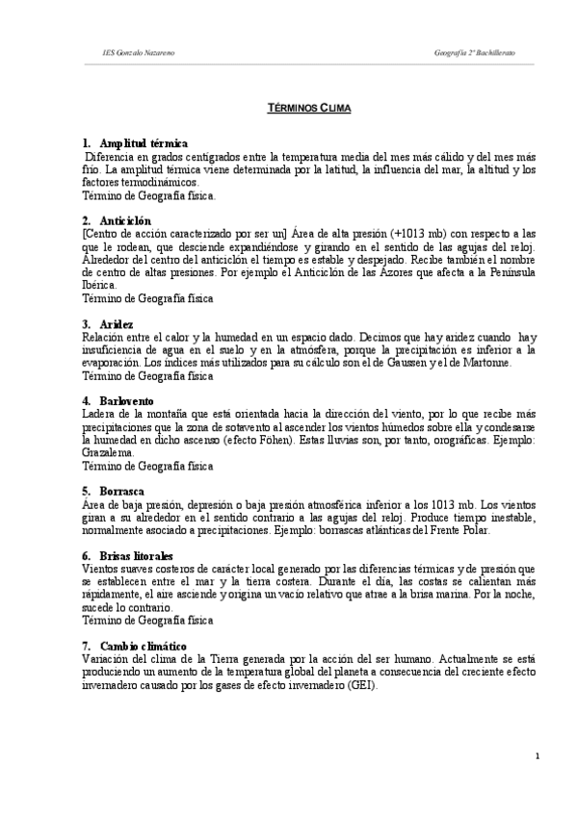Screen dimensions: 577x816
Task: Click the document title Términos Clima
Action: [308, 111]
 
